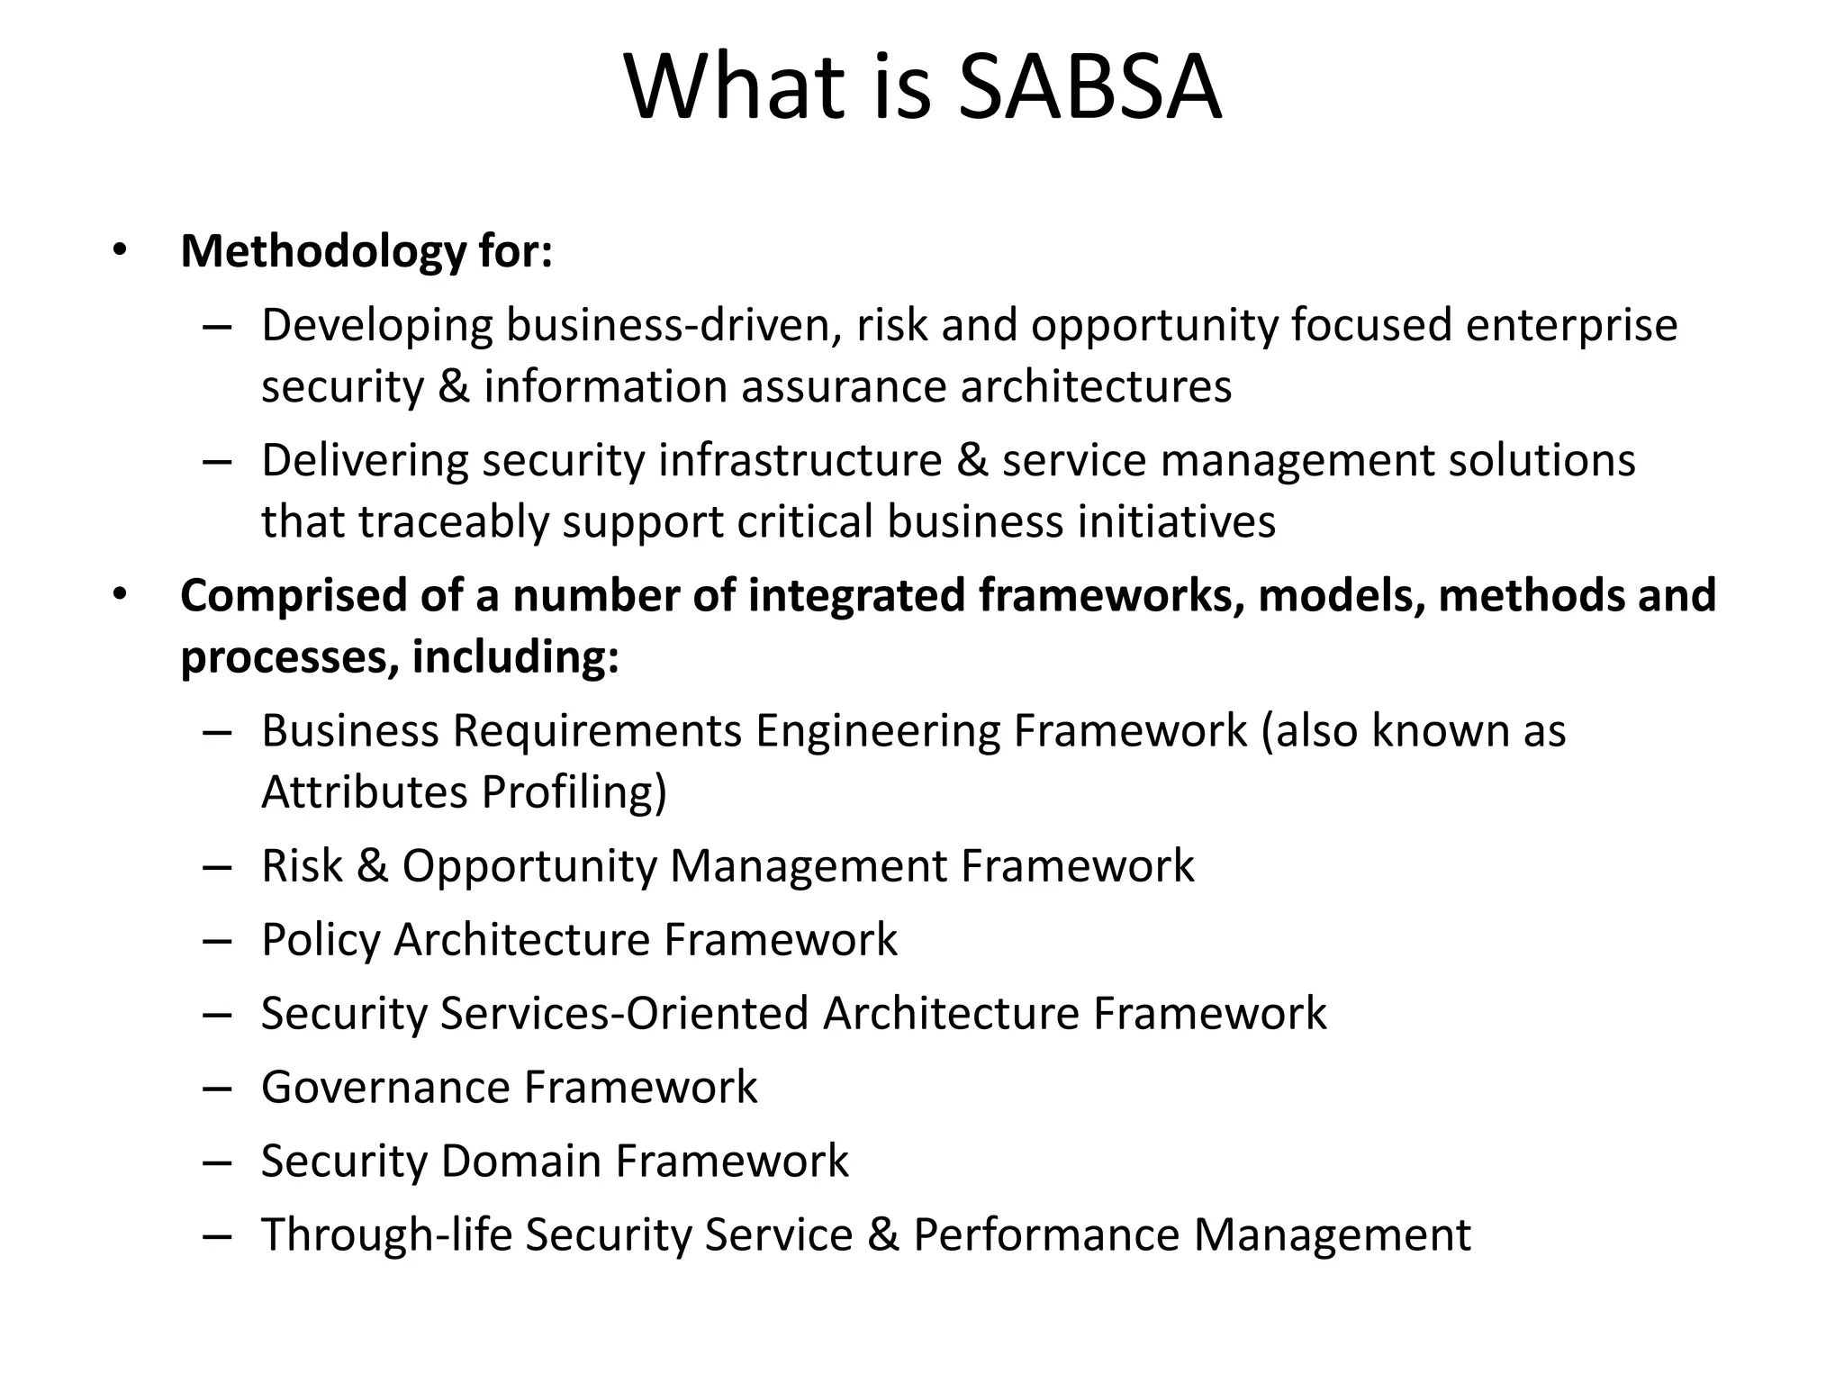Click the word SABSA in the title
click(x=1089, y=88)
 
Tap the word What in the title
click(x=737, y=88)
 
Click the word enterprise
click(x=1571, y=326)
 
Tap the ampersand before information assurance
click(x=454, y=387)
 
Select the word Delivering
click(x=365, y=461)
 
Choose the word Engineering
click(x=877, y=731)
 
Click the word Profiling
click(x=574, y=793)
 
